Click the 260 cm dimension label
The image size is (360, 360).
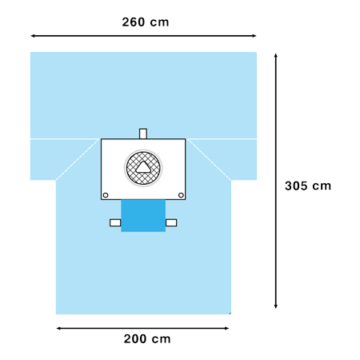click(146, 22)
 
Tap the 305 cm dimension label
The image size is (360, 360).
click(308, 186)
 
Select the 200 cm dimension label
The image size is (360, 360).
click(147, 339)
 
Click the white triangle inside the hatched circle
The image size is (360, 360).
click(143, 167)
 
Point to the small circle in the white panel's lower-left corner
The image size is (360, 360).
click(106, 195)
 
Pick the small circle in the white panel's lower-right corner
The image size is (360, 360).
click(181, 195)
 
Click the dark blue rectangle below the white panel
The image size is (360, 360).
click(143, 216)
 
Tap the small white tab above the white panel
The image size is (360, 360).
click(143, 134)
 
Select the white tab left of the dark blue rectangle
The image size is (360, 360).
click(115, 222)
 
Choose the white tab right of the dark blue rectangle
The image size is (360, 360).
click(171, 222)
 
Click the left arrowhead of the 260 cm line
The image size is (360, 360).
click(33, 36)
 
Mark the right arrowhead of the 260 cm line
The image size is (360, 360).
click(254, 36)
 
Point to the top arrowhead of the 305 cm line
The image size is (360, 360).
click(276, 55)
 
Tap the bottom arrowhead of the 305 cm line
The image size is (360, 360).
click(276, 306)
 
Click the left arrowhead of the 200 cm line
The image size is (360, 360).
click(58, 328)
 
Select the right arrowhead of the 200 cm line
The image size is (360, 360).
click(227, 328)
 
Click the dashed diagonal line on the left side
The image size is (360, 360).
click(78, 159)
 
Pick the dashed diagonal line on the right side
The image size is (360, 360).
click(210, 159)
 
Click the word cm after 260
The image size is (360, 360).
click(159, 22)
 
